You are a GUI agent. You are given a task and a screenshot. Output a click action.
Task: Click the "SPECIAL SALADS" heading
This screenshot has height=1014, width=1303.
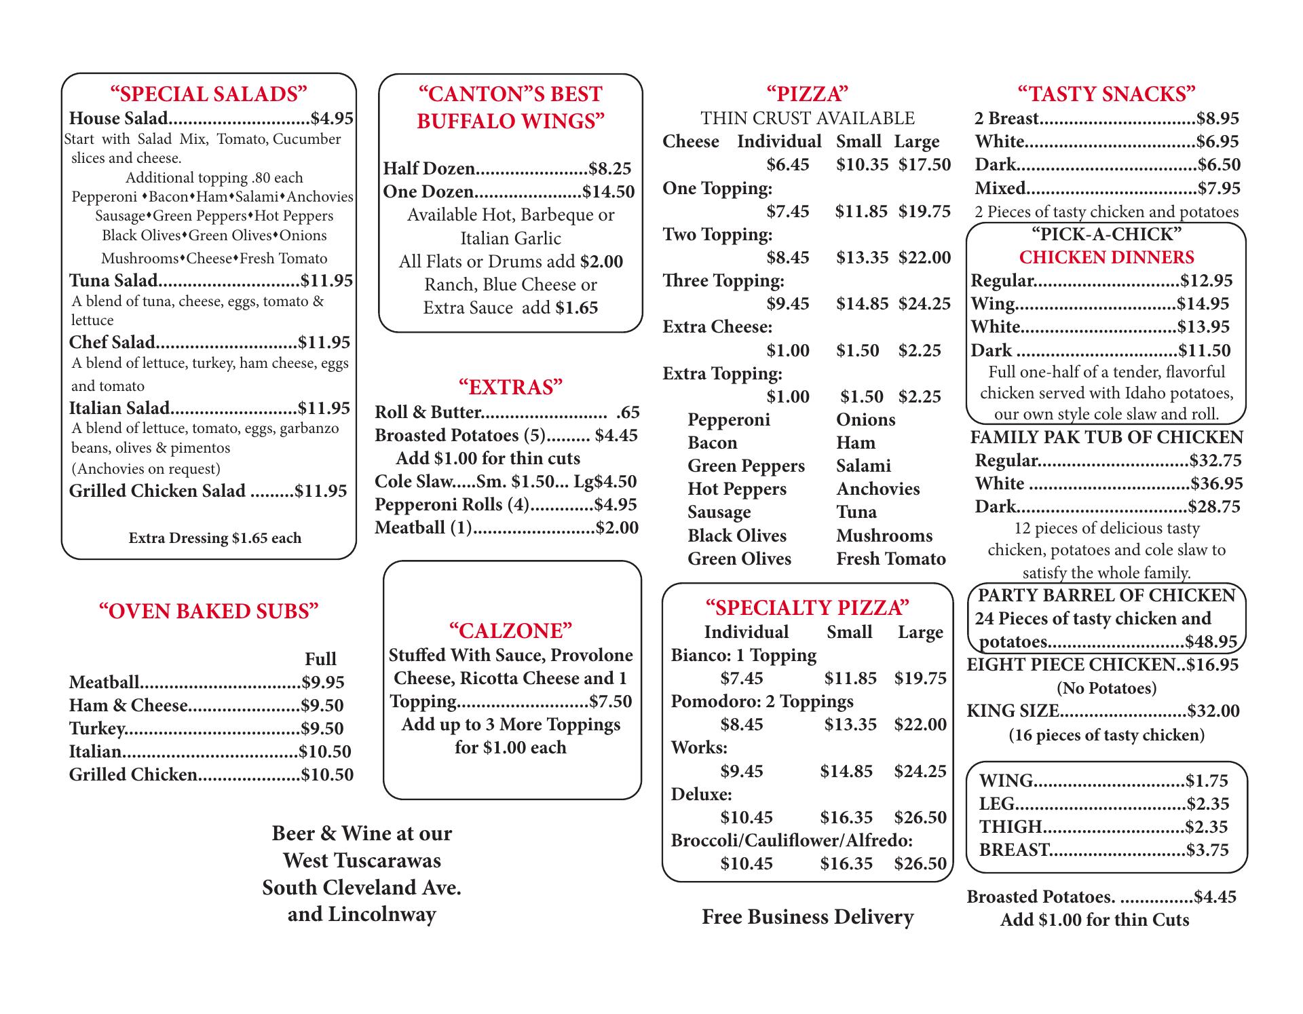pos(208,94)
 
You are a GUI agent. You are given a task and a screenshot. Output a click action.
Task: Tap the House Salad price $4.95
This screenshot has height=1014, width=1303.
pos(332,119)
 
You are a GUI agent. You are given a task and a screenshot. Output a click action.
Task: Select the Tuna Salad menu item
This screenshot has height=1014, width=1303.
pos(113,280)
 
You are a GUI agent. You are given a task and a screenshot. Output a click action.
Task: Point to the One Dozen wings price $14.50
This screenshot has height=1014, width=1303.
pos(609,191)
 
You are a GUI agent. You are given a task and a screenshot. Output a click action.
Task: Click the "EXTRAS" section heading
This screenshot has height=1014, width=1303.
pos(510,387)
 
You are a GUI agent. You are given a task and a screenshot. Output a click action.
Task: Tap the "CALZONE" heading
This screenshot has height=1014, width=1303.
pos(510,631)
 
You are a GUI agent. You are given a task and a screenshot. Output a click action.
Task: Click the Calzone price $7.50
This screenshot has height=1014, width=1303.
pos(611,701)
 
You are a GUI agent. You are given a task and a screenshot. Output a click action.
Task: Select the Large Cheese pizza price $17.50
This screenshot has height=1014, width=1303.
pos(924,165)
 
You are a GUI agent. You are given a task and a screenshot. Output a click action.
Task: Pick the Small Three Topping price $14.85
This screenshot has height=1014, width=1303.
pos(862,303)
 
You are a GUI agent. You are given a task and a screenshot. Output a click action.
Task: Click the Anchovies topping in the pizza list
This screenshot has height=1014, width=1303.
pos(877,489)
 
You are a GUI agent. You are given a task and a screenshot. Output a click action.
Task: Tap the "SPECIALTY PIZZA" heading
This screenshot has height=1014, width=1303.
pos(807,607)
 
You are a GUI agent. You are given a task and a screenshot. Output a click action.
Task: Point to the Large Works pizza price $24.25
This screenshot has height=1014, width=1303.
pos(920,771)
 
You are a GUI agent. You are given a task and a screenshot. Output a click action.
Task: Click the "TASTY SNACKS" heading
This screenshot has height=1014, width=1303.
pos(1106,94)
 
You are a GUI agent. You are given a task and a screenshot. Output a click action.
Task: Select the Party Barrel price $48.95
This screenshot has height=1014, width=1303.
pos(1211,642)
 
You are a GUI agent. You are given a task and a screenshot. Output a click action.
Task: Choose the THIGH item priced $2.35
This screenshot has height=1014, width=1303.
pos(1011,827)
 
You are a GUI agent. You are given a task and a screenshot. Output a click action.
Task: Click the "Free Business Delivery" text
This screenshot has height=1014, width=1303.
pos(807,917)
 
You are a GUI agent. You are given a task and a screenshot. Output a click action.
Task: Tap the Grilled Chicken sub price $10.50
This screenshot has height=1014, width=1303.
pos(327,774)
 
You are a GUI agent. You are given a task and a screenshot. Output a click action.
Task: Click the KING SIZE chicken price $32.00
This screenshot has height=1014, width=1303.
pos(1213,711)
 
